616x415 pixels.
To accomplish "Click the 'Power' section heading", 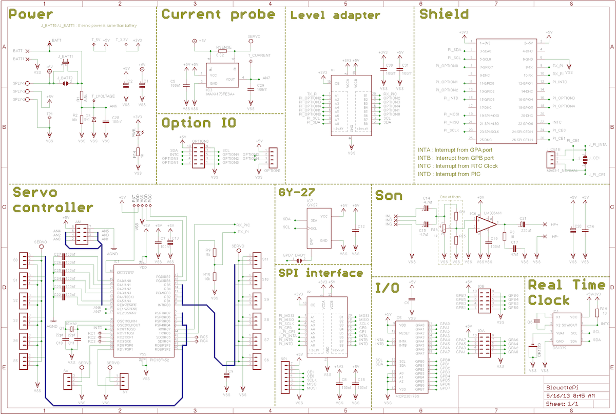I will click(31, 15).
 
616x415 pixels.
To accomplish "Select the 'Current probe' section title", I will click(219, 14).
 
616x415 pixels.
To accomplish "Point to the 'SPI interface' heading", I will click(321, 273).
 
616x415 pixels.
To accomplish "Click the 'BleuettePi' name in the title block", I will click(560, 387).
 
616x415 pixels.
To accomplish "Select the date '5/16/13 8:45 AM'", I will click(570, 395).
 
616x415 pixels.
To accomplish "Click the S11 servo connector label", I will click(265, 259).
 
